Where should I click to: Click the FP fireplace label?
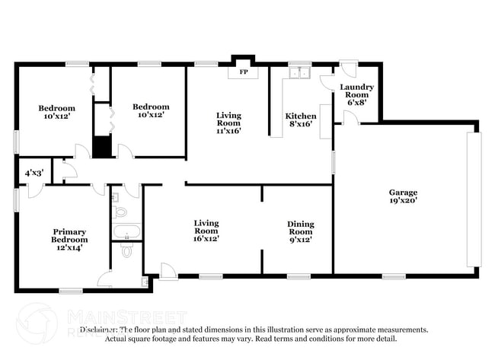click(244, 72)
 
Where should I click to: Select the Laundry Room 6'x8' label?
click(356, 94)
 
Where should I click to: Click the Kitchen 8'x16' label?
click(301, 122)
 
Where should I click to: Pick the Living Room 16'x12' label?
click(206, 231)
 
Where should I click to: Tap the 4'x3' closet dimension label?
click(33, 174)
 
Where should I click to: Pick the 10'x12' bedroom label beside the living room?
click(151, 111)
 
